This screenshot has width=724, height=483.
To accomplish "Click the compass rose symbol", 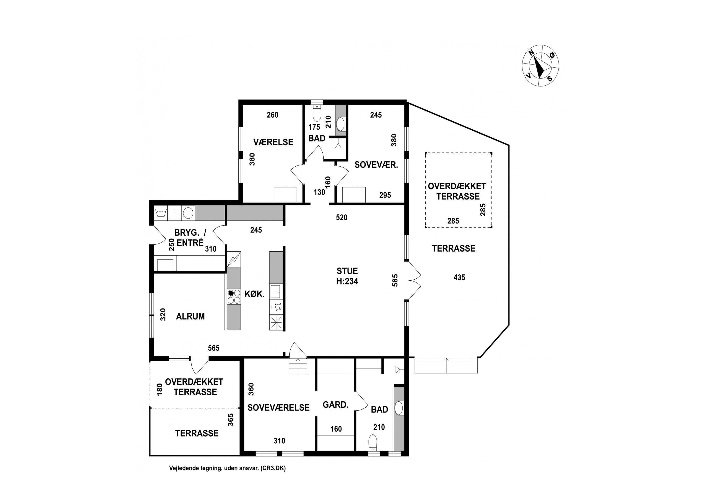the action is pos(540,65).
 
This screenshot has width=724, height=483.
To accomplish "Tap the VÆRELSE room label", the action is pos(273,142).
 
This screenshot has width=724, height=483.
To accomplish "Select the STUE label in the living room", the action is pos(347,271).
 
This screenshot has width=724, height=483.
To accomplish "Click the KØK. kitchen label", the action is pos(255,294).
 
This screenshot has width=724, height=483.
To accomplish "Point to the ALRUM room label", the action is pos(190,316).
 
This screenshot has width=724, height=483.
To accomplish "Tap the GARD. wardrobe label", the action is pos(335,405).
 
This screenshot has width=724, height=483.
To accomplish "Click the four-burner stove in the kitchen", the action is pos(234,297).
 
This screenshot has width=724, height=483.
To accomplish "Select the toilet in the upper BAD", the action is pos(317,113).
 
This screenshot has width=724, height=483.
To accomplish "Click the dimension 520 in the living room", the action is pos(341,218).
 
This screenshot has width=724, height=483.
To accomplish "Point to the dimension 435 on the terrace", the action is pos(459,277).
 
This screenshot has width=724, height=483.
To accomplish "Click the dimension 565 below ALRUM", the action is pos(214,348).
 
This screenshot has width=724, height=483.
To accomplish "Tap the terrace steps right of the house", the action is pos(446,365).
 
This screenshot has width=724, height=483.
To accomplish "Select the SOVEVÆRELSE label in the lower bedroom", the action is pos(278,408).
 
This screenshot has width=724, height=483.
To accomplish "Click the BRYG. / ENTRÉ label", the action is pos(190,237).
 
